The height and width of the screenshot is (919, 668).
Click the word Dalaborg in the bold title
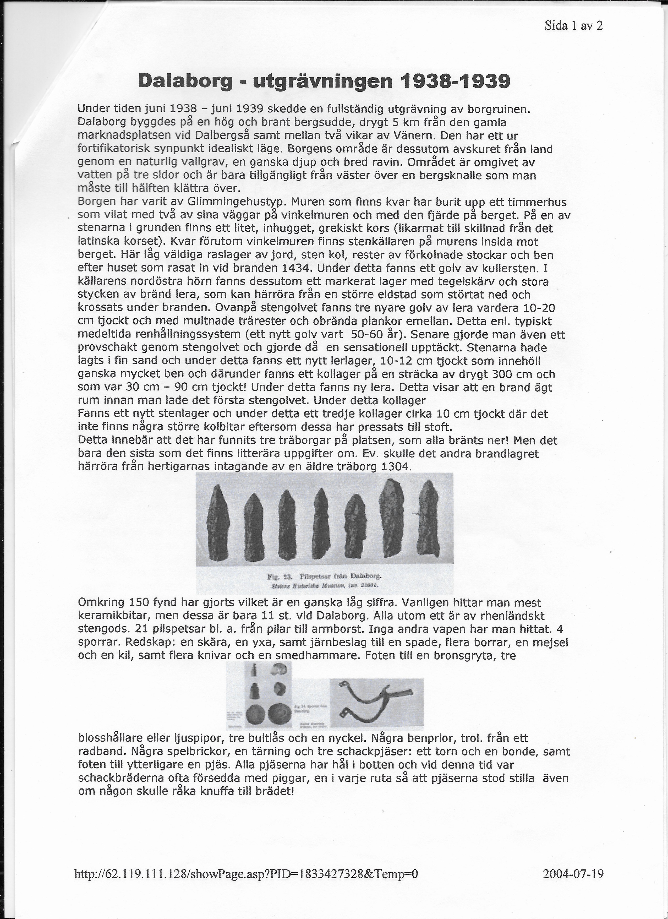pos(185,81)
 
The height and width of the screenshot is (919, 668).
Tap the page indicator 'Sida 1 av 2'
pos(574,26)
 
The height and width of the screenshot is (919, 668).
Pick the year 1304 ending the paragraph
pos(396,466)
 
